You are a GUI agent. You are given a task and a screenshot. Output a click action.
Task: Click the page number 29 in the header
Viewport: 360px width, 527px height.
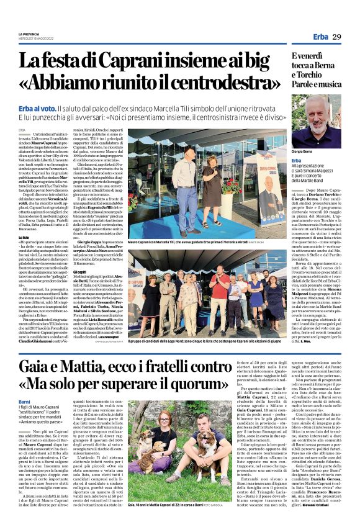coord(336,38)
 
